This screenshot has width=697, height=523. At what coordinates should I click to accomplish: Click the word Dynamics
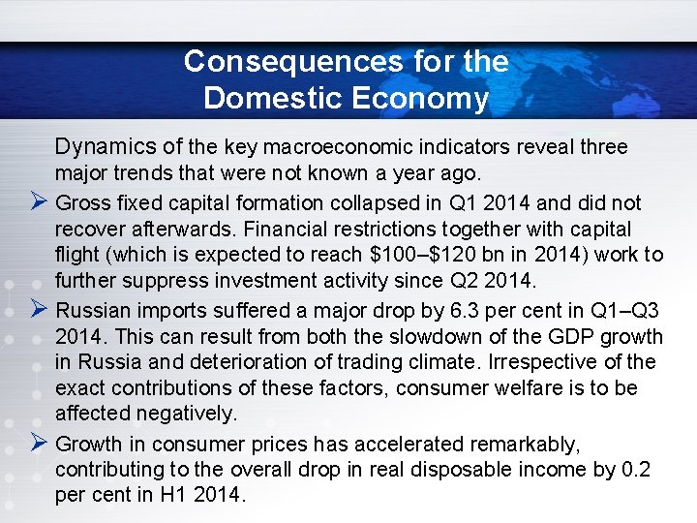[x=105, y=147]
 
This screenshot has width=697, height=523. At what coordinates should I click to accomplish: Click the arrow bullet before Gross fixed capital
[x=39, y=203]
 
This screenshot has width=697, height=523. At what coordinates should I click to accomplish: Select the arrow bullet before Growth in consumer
[x=39, y=445]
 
